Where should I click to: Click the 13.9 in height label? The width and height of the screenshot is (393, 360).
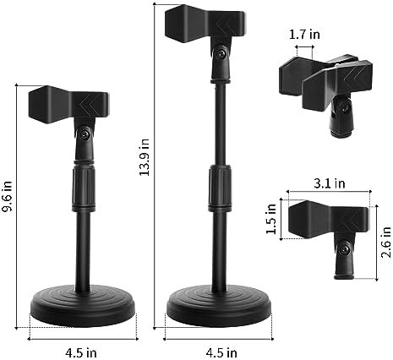point(145,157)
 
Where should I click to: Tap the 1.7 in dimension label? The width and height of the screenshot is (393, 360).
point(304,35)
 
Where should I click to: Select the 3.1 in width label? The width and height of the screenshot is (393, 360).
point(330,183)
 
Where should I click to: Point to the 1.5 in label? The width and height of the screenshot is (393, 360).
point(271,219)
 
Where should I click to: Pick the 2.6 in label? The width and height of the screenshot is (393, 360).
point(386,242)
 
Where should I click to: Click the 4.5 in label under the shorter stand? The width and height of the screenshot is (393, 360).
point(81,352)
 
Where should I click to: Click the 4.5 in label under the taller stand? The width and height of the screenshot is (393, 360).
point(221,352)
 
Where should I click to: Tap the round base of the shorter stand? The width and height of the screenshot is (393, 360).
point(84,306)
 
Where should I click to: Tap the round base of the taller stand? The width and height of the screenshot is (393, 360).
point(219,306)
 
